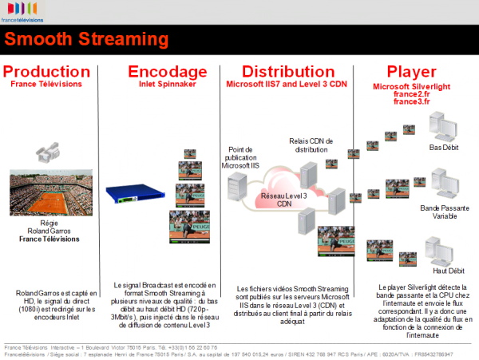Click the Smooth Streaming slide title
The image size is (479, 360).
tap(86, 39)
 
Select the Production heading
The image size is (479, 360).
tap(46, 71)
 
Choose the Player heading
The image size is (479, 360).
tap(410, 71)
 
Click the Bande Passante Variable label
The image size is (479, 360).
tap(442, 212)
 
